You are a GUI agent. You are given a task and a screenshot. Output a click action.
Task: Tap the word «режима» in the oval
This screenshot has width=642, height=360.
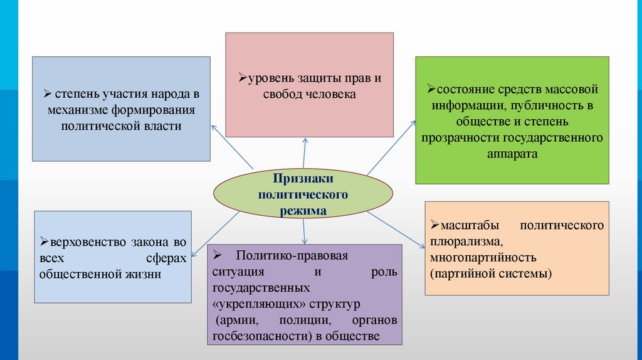[x=303, y=210]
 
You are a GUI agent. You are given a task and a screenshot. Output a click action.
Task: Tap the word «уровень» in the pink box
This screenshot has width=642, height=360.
[x=268, y=79]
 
